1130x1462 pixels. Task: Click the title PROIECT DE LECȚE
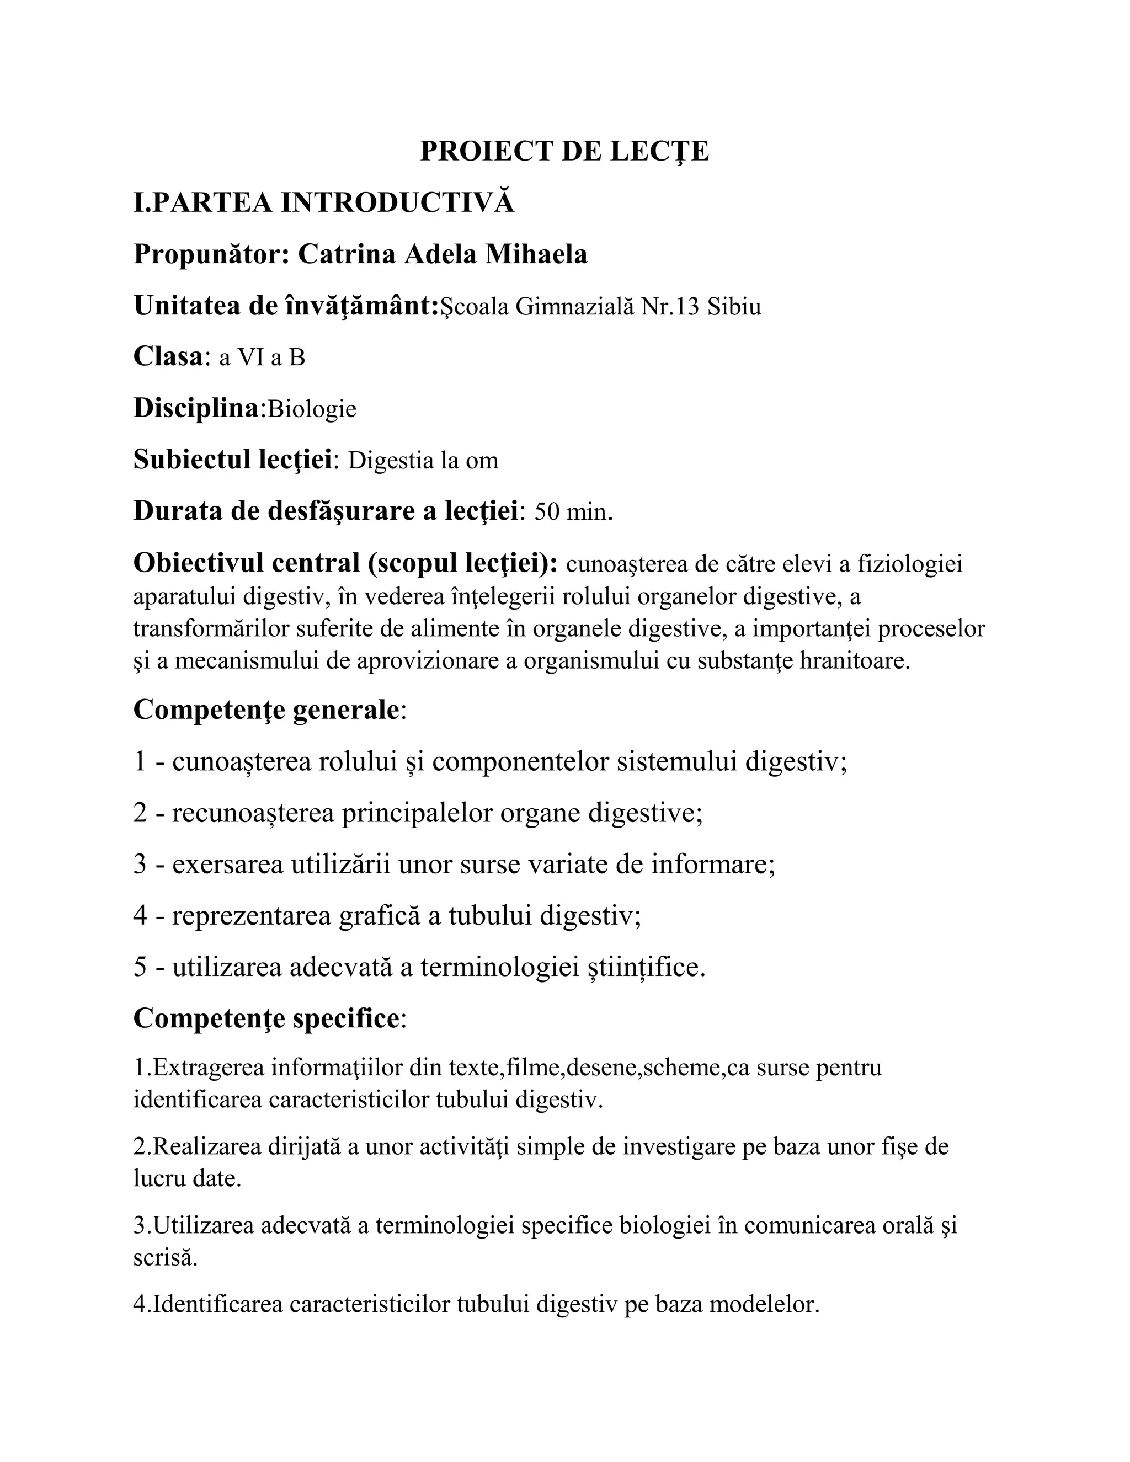point(564,151)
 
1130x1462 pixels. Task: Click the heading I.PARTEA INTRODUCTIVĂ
point(324,203)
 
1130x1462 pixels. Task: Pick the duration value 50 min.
point(574,512)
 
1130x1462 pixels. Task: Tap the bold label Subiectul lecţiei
point(233,461)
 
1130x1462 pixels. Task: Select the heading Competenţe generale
point(266,709)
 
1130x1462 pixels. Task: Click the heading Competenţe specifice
point(266,1019)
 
